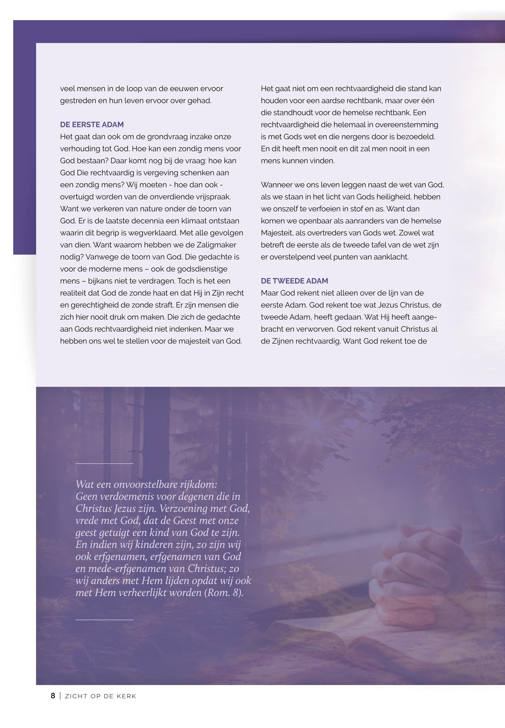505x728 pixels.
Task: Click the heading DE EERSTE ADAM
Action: [92, 125]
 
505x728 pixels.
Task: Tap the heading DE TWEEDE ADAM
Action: [294, 281]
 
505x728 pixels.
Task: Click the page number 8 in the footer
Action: [53, 696]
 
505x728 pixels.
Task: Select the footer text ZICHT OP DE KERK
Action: [100, 696]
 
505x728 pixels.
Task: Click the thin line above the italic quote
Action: [104, 464]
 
